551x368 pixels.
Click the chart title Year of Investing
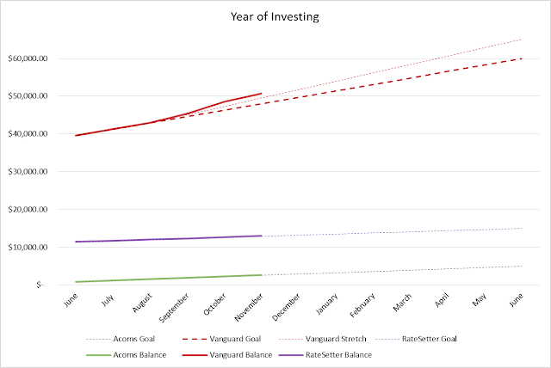275,16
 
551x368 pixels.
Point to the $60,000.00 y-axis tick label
28,58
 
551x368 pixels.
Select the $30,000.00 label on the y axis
28,172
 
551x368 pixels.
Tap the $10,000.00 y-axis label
28,248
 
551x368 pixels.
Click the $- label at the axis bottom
40,285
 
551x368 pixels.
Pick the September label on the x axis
174,308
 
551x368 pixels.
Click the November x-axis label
249,307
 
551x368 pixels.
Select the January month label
327,304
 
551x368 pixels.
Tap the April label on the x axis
442,300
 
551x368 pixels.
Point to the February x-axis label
362,305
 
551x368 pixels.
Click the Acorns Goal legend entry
121,339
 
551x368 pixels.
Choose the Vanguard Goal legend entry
222,339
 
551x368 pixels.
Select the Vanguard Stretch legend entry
323,339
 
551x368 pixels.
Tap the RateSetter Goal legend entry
416,339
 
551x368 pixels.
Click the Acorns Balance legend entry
127,355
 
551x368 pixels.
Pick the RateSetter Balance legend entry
325,355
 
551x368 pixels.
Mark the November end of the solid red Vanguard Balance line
262,94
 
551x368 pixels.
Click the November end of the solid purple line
262,236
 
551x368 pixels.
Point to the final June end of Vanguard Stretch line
522,40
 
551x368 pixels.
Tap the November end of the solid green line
262,275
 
